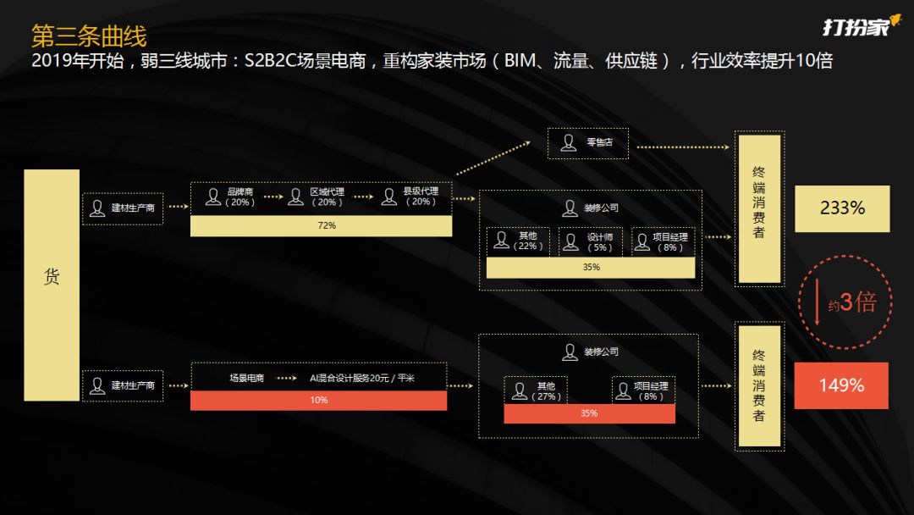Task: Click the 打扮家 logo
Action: (856, 27)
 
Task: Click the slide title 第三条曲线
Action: (88, 36)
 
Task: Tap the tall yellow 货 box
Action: (52, 285)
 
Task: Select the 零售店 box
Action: (591, 143)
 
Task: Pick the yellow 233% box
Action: (842, 208)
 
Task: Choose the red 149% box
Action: (841, 385)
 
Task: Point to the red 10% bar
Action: (318, 400)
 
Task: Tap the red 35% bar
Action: (589, 413)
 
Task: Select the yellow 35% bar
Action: (591, 268)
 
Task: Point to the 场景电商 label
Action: (246, 379)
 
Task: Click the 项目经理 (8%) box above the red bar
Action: (642, 390)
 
